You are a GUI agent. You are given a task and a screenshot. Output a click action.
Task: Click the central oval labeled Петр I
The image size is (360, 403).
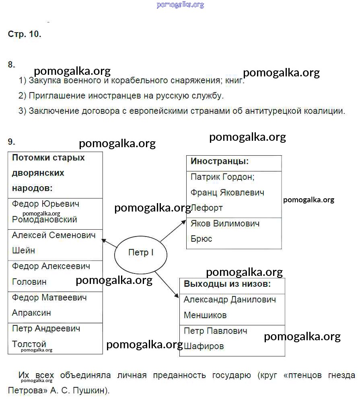(140, 253)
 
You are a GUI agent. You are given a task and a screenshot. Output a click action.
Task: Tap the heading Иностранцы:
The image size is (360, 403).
(219, 162)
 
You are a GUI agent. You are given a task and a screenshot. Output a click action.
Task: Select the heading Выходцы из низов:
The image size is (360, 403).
(227, 284)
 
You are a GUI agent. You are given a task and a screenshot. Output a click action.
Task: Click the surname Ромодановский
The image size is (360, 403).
(44, 220)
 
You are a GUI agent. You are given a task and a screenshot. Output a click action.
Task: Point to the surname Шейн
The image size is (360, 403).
(23, 251)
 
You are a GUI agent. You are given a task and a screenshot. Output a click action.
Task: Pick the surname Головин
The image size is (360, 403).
(29, 282)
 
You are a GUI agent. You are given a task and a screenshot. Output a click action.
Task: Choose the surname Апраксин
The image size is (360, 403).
(31, 313)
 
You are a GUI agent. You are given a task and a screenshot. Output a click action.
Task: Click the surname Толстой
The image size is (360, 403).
(29, 344)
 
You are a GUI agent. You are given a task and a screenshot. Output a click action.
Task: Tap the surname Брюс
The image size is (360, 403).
(201, 239)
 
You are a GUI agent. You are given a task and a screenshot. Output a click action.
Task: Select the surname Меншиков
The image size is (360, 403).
(205, 315)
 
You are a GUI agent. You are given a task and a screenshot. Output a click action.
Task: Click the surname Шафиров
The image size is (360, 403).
(204, 346)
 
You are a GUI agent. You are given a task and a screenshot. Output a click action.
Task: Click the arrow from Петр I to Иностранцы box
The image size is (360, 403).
(174, 230)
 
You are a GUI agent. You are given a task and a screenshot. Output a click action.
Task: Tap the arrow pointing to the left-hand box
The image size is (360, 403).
(109, 243)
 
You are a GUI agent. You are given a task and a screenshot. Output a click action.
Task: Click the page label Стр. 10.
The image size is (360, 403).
(25, 34)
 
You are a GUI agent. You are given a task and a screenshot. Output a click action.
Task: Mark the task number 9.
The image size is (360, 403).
(11, 142)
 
